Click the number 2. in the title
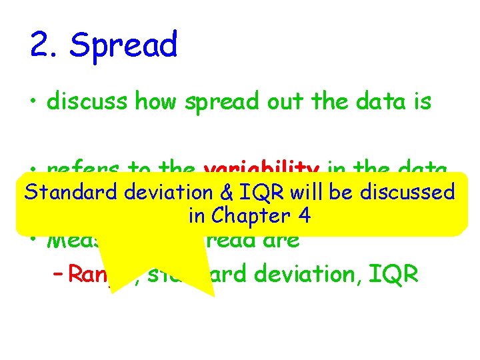click(45, 46)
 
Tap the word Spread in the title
click(124, 46)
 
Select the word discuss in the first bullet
click(89, 102)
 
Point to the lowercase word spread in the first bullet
click(220, 103)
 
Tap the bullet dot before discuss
click(35, 103)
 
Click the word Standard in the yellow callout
click(71, 193)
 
